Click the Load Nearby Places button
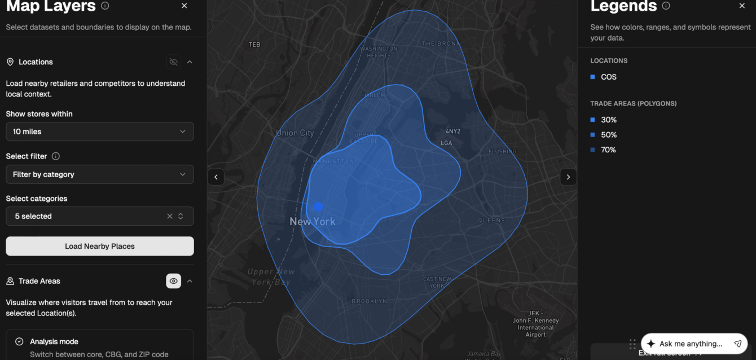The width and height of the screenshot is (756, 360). pos(100,246)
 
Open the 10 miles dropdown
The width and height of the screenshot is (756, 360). pos(100,131)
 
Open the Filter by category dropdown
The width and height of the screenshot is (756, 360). pos(100,174)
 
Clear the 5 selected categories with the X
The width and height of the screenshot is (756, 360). pos(170,216)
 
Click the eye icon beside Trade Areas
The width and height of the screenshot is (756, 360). pos(173,281)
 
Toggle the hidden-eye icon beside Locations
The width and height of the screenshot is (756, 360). pos(173,62)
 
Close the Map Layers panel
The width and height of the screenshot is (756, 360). pos(184,6)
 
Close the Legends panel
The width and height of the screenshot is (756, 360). pos(742,6)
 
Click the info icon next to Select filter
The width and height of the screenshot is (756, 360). pos(56,156)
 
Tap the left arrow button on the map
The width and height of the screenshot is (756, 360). pos(216,177)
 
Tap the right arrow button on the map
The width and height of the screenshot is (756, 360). pos(568,177)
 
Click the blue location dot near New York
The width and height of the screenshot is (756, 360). pos(318,207)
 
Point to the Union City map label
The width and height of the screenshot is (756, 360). pos(295,133)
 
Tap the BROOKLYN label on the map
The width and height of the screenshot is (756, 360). pos(370,301)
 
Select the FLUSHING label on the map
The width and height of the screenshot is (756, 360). pos(502,151)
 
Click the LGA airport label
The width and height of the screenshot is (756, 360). pos(446,143)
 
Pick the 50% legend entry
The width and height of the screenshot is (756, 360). pos(608,135)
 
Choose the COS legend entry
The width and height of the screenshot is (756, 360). pos(608,77)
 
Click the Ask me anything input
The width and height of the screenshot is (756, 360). pos(691,344)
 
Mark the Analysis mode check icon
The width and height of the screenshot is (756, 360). pos(19,341)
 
